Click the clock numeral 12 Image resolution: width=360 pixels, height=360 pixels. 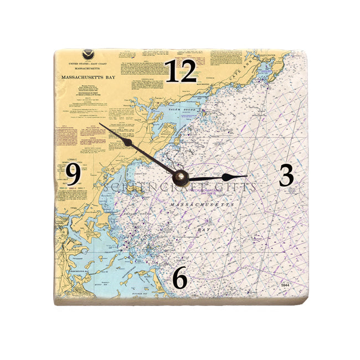(x=181, y=71)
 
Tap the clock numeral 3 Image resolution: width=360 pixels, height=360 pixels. (x=286, y=176)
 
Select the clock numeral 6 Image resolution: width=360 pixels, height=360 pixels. (x=180, y=277)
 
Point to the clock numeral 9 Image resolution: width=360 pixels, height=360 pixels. (x=73, y=175)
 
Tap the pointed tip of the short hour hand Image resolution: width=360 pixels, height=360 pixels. (x=246, y=176)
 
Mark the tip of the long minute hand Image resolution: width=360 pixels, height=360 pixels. (x=100, y=124)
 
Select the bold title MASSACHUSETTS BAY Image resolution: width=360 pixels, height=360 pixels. (x=89, y=78)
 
